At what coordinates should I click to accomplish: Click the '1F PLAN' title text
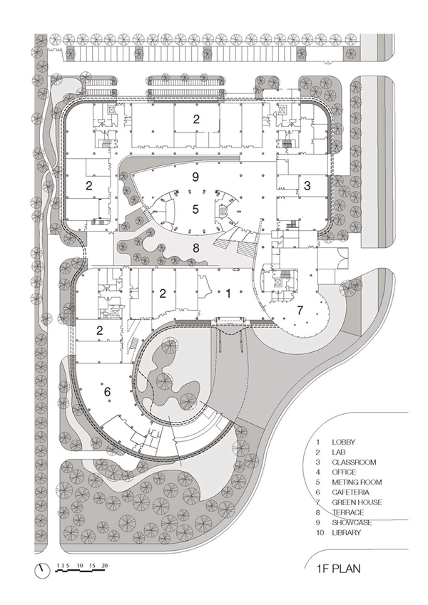pos(338,569)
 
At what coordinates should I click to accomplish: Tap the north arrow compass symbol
pos(42,570)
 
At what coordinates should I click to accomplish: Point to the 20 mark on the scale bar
pos(104,566)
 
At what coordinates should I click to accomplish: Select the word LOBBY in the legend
pos(343,443)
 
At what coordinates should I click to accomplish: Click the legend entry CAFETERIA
pos(350,492)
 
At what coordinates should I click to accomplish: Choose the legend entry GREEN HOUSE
pos(357,502)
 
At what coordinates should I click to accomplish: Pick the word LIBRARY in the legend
pos(347,532)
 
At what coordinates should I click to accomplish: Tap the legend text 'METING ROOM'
pos(357,482)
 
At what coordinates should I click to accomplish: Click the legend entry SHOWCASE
pos(352,522)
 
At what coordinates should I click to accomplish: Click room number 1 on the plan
pos(228,294)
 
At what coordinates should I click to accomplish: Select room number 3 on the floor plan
pos(307,185)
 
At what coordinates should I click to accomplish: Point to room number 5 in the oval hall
pos(195,209)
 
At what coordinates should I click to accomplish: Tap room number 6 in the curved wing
pos(108,392)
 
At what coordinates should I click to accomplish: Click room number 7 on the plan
pos(300,309)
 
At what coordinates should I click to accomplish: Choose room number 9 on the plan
pos(195,177)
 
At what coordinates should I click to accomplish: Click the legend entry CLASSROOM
pos(354,462)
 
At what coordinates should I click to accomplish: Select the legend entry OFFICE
pos(344,472)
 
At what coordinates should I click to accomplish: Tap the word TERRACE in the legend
pos(347,512)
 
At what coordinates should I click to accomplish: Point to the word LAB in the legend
pos(339,452)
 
